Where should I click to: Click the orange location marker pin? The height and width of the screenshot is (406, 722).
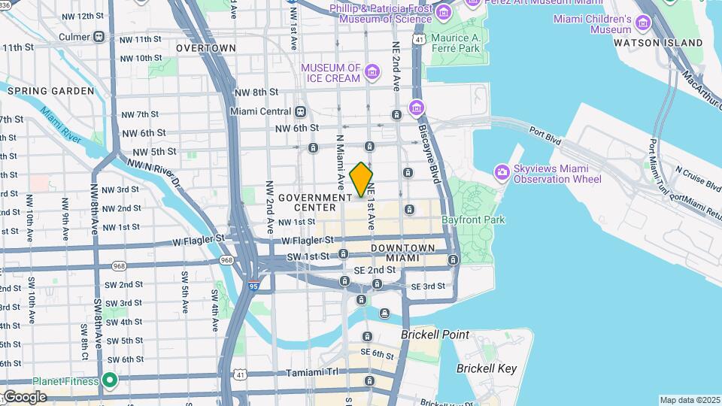[x=362, y=179]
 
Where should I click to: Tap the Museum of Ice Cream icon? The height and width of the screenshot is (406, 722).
[x=372, y=73]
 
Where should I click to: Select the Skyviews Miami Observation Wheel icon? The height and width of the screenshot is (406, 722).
[x=502, y=173]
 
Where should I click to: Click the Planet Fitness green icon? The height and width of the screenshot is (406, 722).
[x=110, y=380]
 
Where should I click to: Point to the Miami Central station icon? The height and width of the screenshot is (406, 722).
[x=300, y=111]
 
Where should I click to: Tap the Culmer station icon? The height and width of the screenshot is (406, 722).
[x=99, y=36]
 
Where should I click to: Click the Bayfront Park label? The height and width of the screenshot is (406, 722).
[x=473, y=220]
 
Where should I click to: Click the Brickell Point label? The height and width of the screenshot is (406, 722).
[x=435, y=335]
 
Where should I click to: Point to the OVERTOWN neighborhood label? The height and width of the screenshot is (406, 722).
[x=206, y=47]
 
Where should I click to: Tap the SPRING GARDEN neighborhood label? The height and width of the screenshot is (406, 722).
[x=51, y=91]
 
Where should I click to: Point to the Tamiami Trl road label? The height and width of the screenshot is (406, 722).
[x=314, y=372]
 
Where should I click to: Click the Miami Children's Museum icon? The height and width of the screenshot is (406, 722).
[x=642, y=23]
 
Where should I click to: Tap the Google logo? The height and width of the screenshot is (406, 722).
[x=24, y=396]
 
